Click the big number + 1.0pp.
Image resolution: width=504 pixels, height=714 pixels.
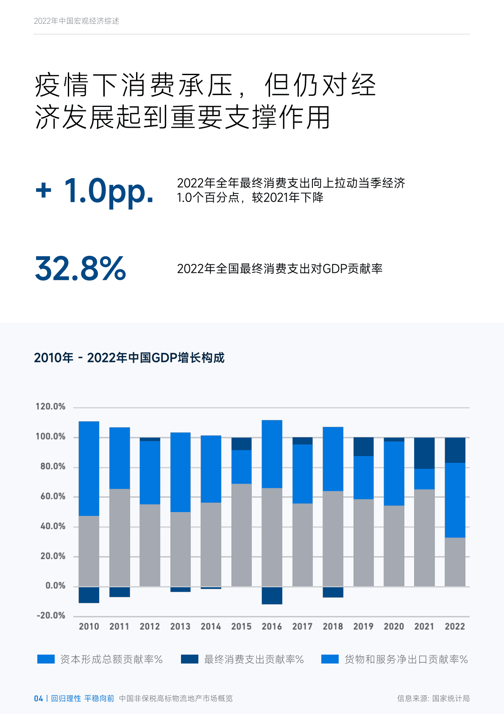[x=94, y=191]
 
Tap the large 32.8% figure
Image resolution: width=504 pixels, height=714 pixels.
[x=81, y=269]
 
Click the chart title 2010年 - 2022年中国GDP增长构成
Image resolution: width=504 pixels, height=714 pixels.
[x=129, y=358]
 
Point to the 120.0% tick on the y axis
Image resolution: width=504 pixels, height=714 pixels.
[x=50, y=406]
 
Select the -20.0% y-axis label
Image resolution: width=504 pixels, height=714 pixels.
[x=51, y=616]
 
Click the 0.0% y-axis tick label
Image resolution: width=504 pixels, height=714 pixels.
[x=56, y=586]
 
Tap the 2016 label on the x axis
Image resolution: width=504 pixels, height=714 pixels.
[x=272, y=627]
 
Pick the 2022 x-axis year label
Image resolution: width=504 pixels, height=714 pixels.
[x=455, y=627]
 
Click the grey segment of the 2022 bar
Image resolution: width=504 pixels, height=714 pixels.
[x=455, y=562]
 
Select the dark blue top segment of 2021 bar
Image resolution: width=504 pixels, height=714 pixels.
[x=424, y=453]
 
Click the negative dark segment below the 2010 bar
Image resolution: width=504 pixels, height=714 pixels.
[x=89, y=595]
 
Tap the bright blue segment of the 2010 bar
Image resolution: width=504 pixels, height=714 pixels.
[x=89, y=468]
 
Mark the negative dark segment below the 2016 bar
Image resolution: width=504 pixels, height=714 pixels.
[x=272, y=596]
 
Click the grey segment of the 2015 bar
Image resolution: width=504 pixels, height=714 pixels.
[x=241, y=535]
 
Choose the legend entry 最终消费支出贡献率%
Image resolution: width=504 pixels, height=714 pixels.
[x=253, y=659]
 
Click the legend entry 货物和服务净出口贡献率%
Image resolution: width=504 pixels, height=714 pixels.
[x=406, y=659]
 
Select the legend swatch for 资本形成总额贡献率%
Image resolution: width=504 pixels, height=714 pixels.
[x=46, y=659]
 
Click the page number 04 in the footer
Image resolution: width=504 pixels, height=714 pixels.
[x=38, y=698]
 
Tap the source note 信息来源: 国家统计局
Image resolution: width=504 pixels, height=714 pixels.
[x=433, y=698]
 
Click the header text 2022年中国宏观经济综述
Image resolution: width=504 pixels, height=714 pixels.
[x=76, y=21]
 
